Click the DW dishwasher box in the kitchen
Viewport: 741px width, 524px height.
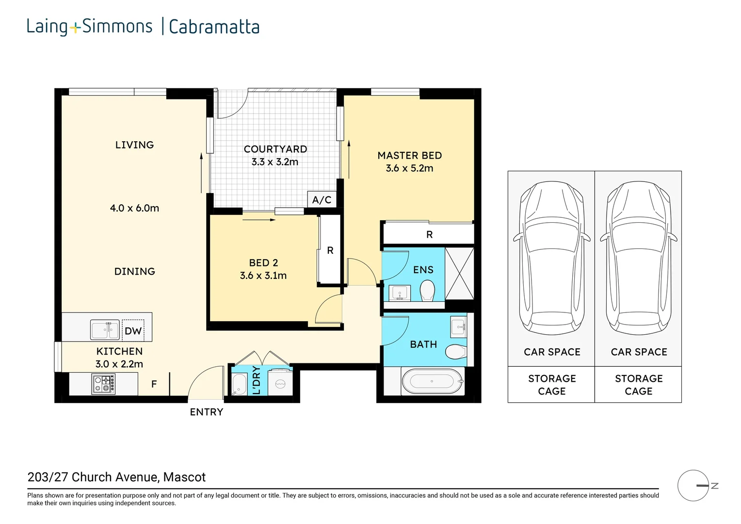(133, 331)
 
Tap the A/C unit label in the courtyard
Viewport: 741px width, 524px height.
(322, 199)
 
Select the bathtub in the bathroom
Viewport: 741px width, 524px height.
(432, 381)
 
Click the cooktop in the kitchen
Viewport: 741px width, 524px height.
(104, 384)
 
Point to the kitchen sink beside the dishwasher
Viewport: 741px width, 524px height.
(105, 330)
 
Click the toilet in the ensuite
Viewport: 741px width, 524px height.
(427, 292)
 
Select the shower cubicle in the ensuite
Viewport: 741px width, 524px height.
(459, 273)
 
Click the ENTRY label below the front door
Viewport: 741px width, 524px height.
(207, 412)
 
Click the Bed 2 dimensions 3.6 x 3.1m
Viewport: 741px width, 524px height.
(263, 276)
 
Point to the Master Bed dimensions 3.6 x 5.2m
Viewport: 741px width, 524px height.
(409, 168)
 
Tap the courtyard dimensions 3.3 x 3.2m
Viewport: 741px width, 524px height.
(275, 162)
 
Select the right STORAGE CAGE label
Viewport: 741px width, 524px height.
(638, 385)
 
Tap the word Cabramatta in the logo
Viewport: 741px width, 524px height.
(214, 27)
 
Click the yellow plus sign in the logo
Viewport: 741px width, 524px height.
(75, 28)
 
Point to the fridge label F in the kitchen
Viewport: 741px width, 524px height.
(154, 384)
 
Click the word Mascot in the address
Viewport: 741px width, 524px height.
(184, 477)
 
